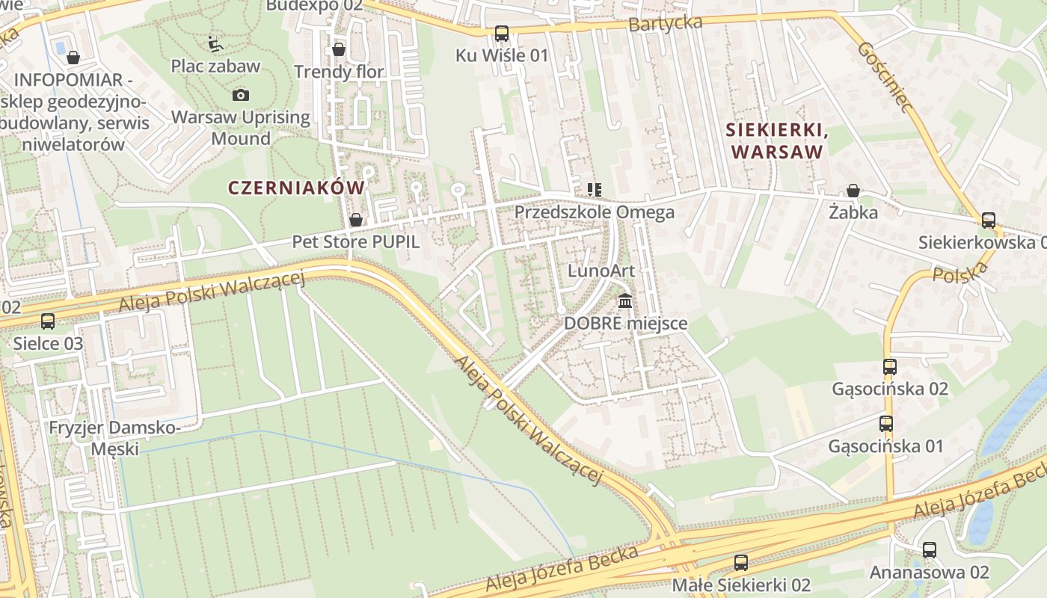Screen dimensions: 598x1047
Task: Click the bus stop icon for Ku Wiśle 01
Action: pos(501,34)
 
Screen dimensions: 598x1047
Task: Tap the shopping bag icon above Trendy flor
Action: pos(339,50)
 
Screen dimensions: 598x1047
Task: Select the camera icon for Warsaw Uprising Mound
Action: pos(241,95)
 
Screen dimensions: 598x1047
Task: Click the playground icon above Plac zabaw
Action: pos(215,44)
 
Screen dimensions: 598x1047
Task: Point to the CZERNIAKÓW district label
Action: pos(297,188)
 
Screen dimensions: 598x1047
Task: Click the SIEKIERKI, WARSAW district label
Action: pos(777,141)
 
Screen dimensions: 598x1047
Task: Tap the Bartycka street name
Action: pos(665,23)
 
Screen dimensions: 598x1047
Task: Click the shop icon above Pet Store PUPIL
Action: pos(356,220)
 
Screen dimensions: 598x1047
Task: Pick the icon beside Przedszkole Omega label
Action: pos(595,190)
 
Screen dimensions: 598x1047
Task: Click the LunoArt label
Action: pos(601,271)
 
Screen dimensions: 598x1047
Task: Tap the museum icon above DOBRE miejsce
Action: pos(625,301)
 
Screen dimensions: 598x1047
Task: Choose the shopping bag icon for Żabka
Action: pos(853,191)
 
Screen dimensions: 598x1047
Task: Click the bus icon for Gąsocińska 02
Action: pos(889,367)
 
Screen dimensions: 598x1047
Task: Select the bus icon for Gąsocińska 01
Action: pos(886,424)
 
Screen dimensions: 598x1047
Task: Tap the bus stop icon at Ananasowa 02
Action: pos(930,550)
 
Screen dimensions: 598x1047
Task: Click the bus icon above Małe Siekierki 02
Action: pos(741,562)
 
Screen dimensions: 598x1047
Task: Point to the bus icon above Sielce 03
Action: pos(48,321)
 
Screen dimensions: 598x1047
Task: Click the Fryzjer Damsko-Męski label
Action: pos(114,438)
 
